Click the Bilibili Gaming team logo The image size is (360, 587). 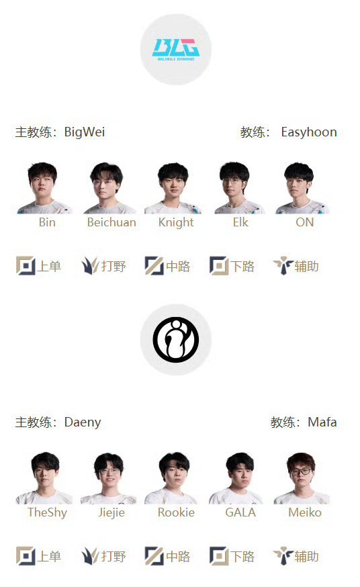click(x=175, y=50)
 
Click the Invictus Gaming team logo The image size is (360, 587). click(x=175, y=340)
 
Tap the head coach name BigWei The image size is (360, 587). click(x=85, y=132)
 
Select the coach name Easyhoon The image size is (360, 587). click(x=309, y=132)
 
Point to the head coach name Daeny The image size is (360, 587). click(x=83, y=422)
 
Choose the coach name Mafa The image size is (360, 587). click(x=322, y=422)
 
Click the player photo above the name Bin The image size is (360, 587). click(x=44, y=187)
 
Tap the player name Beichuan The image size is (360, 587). click(x=111, y=222)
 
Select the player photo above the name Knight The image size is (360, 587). click(x=173, y=187)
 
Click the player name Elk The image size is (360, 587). click(x=240, y=222)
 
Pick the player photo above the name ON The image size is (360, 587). click(x=302, y=187)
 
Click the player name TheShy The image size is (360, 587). click(x=47, y=512)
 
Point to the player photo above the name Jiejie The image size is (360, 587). click(x=109, y=478)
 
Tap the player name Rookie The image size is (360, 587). click(x=176, y=512)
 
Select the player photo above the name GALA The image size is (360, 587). click(x=237, y=478)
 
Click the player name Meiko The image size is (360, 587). click(x=305, y=512)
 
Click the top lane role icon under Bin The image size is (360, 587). click(x=26, y=266)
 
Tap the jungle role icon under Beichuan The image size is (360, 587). click(x=90, y=266)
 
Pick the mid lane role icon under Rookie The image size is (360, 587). click(x=154, y=556)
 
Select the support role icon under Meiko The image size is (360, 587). click(x=283, y=556)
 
